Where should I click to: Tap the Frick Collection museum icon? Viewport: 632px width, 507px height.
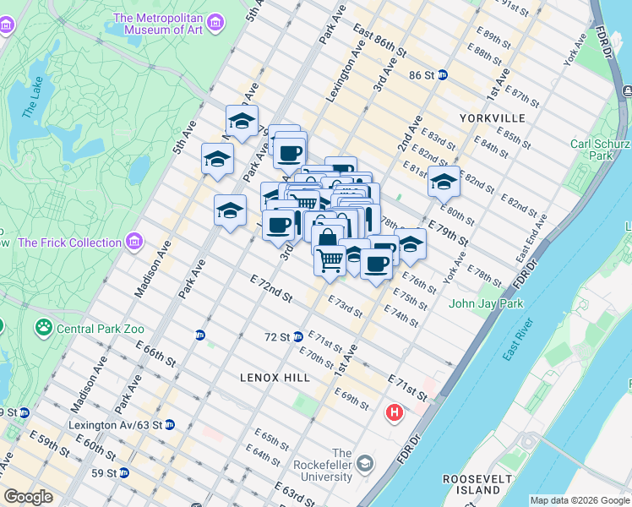click(133, 243)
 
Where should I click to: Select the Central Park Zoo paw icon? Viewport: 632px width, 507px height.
click(43, 325)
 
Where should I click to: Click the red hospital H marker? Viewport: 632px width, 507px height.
click(393, 413)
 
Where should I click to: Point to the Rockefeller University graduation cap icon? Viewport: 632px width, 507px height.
click(364, 463)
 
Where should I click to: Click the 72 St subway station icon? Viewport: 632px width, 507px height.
click(298, 336)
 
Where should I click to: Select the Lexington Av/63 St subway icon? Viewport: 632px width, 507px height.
click(169, 424)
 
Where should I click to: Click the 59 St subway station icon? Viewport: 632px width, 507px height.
click(124, 472)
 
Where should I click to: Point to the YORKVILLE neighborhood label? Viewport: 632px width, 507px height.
click(493, 118)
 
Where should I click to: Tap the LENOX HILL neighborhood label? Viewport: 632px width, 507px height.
click(275, 377)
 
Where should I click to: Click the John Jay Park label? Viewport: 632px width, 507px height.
click(486, 303)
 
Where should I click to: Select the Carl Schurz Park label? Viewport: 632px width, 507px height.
click(601, 150)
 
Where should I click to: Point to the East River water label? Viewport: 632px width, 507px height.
click(518, 339)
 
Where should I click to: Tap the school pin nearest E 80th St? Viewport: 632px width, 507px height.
click(444, 182)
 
